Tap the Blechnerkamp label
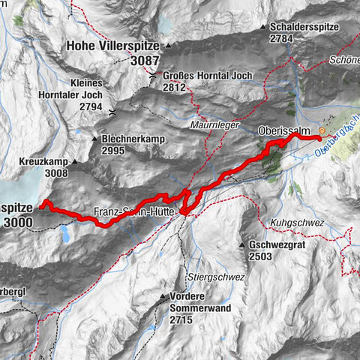tap(133, 139)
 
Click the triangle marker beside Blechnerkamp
tap(95, 139)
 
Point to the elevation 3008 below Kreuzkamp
tap(55, 173)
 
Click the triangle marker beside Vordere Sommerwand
tap(160, 296)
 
